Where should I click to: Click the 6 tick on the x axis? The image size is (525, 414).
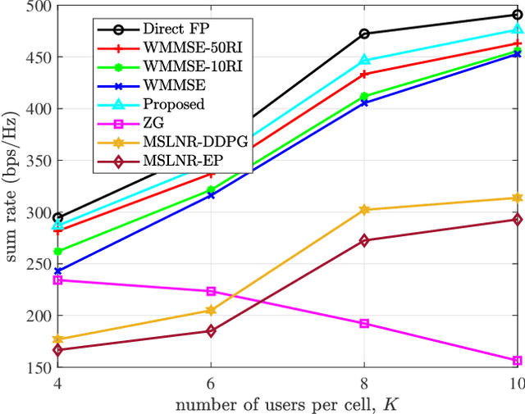click(x=211, y=384)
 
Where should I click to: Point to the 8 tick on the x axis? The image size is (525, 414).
click(x=363, y=384)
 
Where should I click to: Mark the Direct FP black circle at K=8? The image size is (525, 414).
click(x=364, y=34)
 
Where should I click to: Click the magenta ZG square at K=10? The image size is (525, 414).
click(x=518, y=361)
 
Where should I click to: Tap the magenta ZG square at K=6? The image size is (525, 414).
click(x=211, y=291)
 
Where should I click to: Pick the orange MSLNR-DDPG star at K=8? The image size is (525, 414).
click(x=364, y=210)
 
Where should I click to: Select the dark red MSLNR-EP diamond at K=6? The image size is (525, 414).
click(x=211, y=331)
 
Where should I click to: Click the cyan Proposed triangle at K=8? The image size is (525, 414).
click(x=364, y=60)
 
